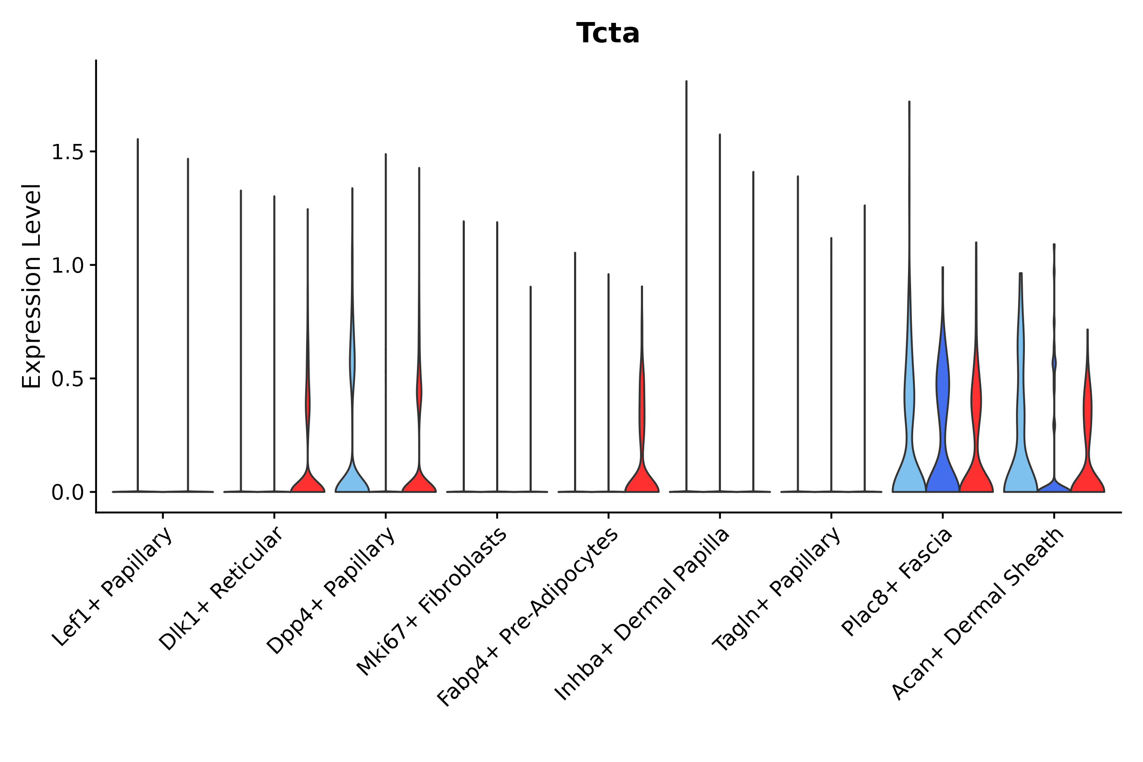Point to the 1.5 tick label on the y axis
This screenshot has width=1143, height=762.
click(67, 152)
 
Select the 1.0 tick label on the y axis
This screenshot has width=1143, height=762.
click(67, 266)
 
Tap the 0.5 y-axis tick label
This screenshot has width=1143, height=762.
click(67, 380)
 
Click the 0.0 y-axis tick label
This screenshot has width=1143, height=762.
click(67, 493)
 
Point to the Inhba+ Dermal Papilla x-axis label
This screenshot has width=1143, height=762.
click(641, 614)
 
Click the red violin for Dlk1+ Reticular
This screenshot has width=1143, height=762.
click(308, 481)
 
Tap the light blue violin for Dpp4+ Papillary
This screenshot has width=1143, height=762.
click(352, 479)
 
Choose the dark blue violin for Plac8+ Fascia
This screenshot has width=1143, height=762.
click(942, 467)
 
